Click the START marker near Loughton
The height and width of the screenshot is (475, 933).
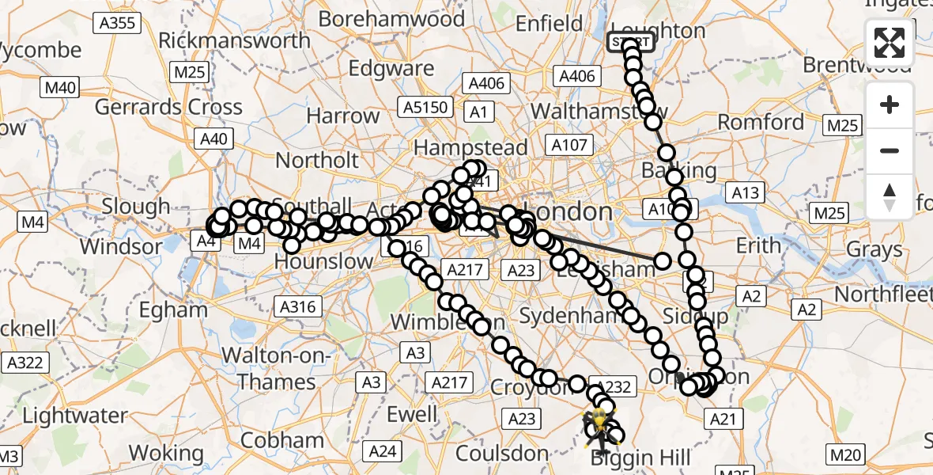coord(631,42)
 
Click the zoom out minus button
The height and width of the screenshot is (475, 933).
coord(890,150)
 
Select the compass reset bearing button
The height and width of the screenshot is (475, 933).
coord(890,196)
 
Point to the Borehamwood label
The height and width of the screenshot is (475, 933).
coord(391,18)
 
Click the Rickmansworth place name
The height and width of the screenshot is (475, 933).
coord(235,40)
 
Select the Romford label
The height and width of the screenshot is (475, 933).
coord(761,122)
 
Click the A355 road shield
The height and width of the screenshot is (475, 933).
coord(117,23)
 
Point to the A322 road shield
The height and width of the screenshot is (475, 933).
coord(25,363)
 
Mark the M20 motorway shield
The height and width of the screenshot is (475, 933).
coord(844,454)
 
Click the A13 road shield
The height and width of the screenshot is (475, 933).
coord(745,192)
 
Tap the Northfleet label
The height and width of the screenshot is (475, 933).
coord(884,294)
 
